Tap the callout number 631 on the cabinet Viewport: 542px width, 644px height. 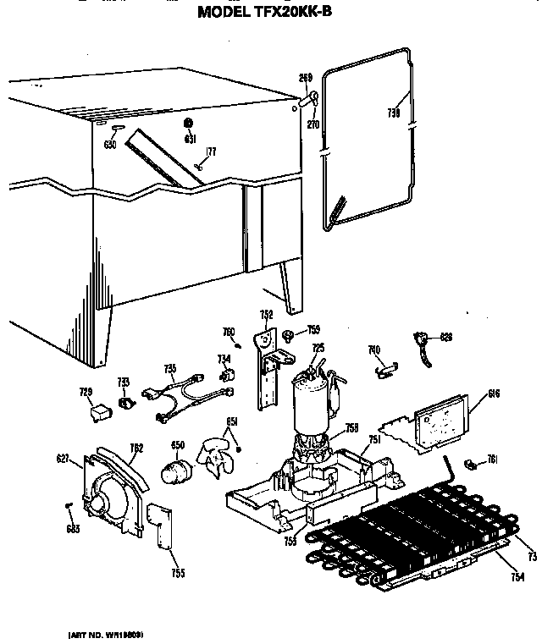190,138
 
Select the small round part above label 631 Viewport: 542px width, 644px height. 189,124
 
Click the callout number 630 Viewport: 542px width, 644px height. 110,144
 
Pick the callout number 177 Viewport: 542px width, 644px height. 211,151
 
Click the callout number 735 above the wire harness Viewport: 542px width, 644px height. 169,367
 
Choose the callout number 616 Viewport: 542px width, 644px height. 495,394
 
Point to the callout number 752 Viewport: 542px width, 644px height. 266,315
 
